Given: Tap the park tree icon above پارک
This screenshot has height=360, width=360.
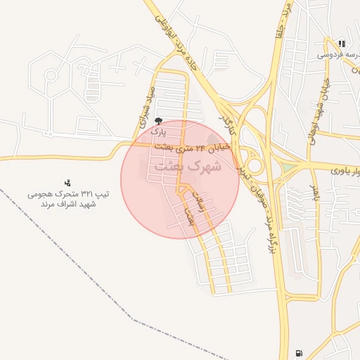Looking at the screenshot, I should (x=158, y=122).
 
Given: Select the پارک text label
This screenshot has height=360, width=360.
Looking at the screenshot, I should (x=159, y=131).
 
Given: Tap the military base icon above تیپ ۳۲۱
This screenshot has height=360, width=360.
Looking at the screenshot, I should (x=67, y=183).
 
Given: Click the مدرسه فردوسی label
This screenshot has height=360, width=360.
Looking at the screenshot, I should (x=337, y=54).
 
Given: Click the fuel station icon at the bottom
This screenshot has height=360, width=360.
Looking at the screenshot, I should (x=300, y=352).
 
